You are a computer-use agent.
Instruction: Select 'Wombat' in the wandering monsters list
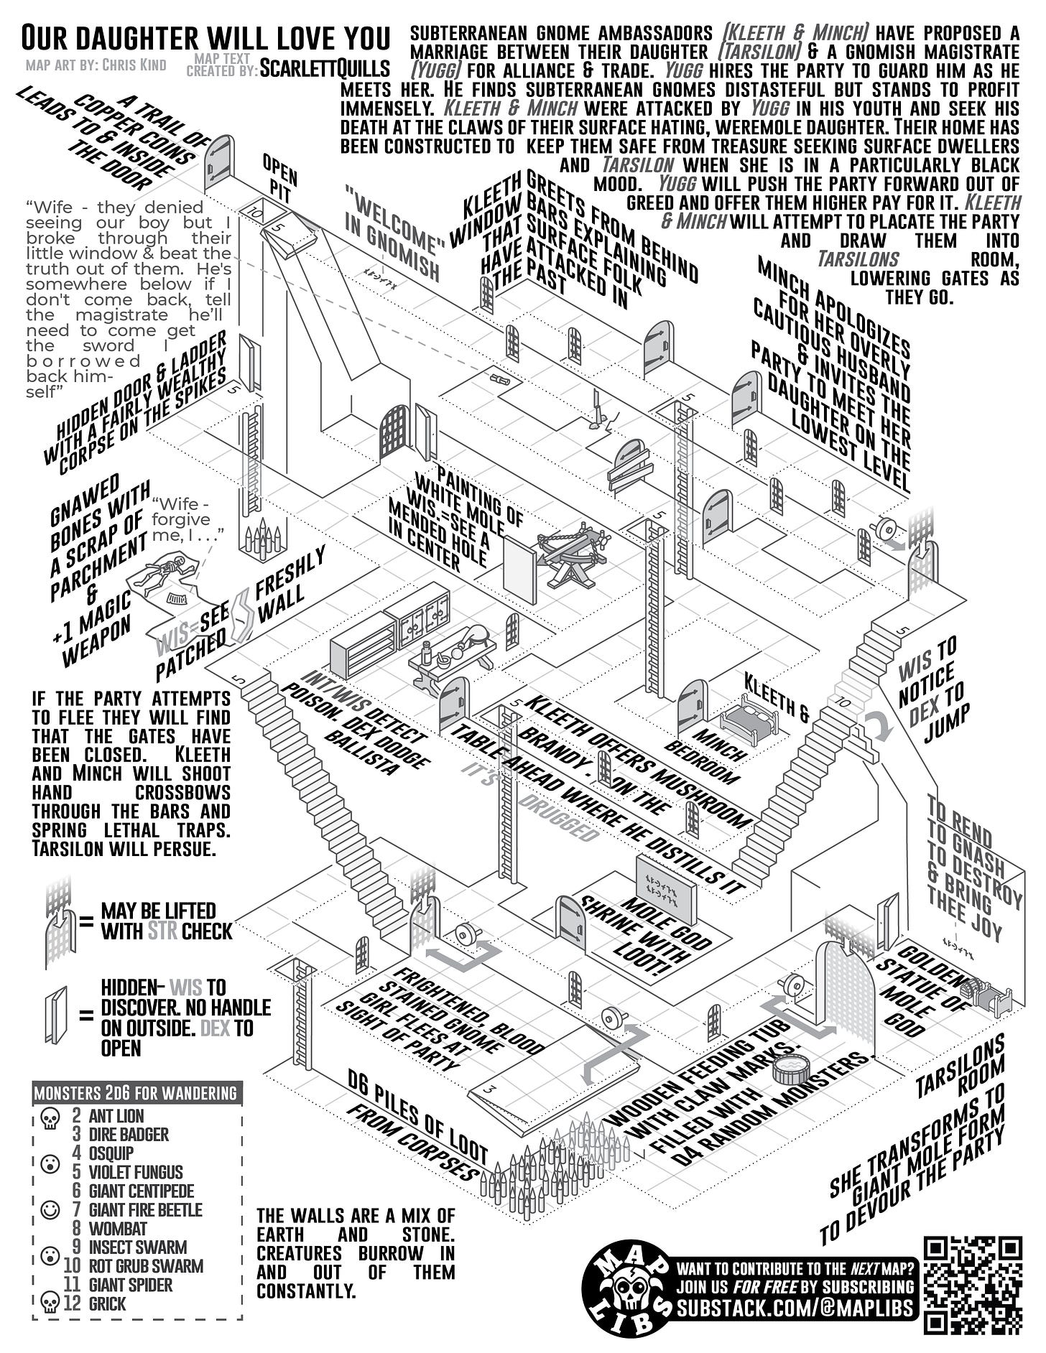pyautogui.click(x=118, y=1229)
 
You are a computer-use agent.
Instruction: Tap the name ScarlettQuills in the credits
pyautogui.click(x=325, y=68)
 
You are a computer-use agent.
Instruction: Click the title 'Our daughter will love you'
pyautogui.click(x=205, y=37)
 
